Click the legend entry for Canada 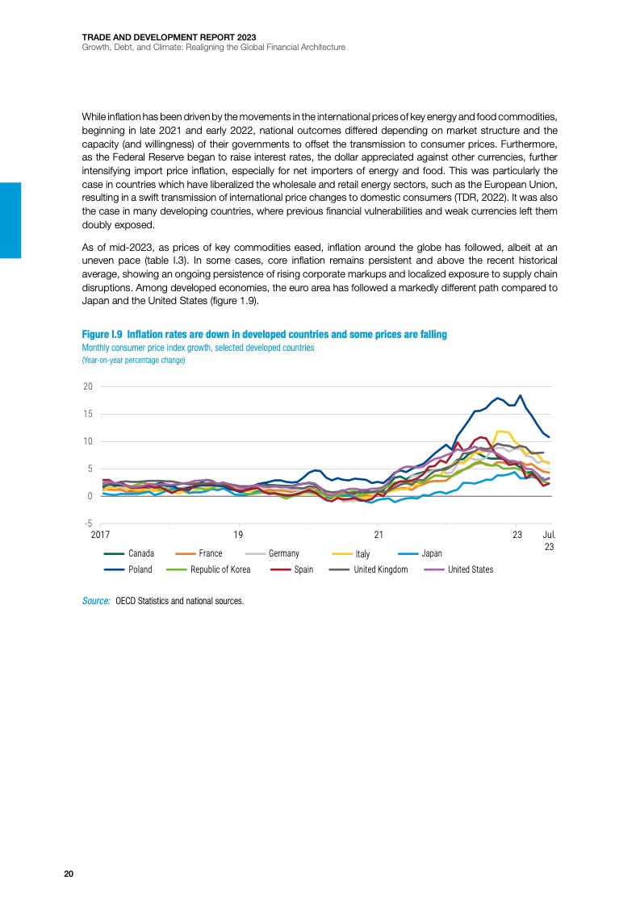pos(140,553)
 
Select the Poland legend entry pos(140,569)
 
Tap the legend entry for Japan pos(432,553)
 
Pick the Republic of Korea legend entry pos(220,569)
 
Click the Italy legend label pos(362,554)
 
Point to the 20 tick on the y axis pos(87,386)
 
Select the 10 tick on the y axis pos(87,441)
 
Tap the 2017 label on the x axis pos(101,534)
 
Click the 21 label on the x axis pos(379,534)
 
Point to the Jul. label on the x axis pos(549,534)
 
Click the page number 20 pos(69,874)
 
